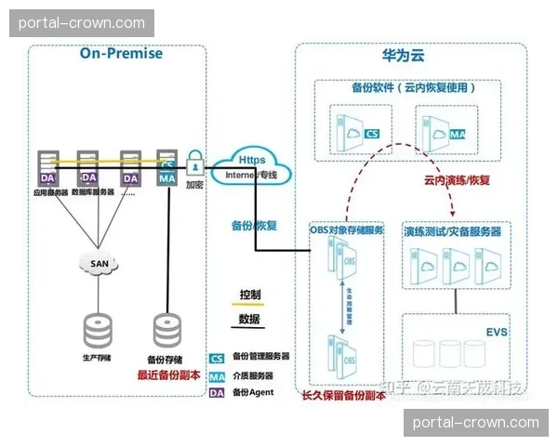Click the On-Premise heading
click(121, 53)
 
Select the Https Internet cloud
click(250, 166)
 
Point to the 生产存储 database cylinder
click(97, 330)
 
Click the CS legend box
click(217, 357)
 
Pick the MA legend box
click(217, 375)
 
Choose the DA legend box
click(217, 393)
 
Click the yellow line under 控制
click(249, 305)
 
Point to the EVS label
click(497, 331)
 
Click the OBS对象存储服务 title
click(345, 229)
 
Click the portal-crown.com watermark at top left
click(82, 23)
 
